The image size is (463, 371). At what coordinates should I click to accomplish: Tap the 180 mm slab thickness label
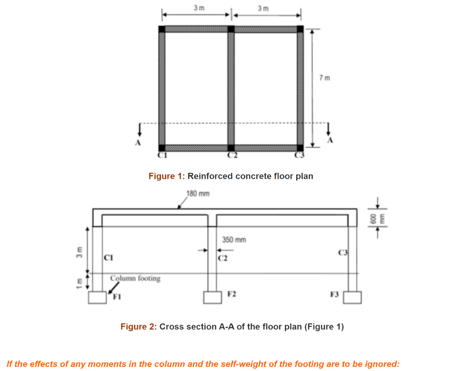(x=198, y=194)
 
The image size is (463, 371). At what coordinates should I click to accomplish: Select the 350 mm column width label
(x=234, y=240)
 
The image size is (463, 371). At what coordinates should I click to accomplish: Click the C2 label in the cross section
(x=222, y=259)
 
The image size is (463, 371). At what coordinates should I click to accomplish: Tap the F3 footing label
(x=334, y=295)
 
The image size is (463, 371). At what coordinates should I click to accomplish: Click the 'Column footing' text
(x=135, y=278)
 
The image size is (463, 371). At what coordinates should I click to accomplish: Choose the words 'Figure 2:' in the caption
(x=138, y=327)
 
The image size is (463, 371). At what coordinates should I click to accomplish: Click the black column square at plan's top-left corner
(x=162, y=29)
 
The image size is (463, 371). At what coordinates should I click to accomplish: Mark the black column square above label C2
(x=231, y=147)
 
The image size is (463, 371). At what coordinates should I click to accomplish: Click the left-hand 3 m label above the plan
(x=198, y=8)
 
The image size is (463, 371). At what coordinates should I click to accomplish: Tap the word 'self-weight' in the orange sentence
(x=242, y=364)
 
